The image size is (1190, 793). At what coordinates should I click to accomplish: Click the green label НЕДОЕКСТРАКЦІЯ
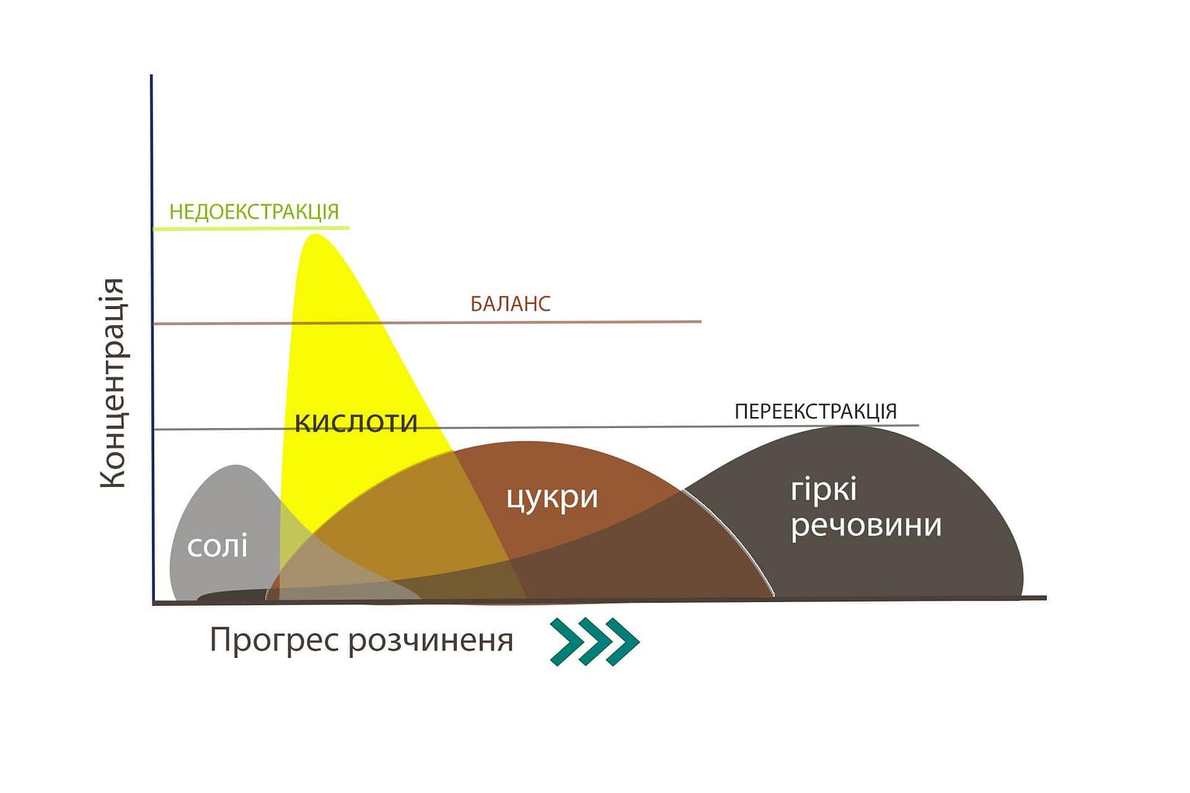point(254,212)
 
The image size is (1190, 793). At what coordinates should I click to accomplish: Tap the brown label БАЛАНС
point(511,304)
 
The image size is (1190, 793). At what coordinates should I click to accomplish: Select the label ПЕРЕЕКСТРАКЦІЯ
point(815,412)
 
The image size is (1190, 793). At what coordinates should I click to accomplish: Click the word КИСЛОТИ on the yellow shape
point(356,424)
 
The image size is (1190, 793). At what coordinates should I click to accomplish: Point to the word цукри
point(552,499)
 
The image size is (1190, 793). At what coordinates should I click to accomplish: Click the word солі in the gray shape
point(217,546)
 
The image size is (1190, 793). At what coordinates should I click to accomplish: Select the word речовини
point(866,526)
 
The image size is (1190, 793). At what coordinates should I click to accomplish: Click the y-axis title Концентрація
point(112,383)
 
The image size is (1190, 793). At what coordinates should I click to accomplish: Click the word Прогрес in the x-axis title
point(274,640)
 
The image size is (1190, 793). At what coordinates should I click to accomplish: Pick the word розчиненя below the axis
point(431,641)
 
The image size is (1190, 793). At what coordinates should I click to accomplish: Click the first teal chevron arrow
point(566,642)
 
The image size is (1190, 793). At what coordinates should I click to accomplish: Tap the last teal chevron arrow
point(623,642)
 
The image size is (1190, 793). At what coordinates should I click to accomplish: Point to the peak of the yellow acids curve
point(316,234)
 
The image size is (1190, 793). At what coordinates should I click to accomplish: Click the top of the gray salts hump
point(235,466)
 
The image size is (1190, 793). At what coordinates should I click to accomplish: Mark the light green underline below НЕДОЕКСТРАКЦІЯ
point(251,228)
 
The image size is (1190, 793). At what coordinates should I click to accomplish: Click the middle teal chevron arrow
point(595,642)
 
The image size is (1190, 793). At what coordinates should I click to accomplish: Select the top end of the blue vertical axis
point(151,76)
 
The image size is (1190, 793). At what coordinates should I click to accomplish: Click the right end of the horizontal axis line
point(1046,598)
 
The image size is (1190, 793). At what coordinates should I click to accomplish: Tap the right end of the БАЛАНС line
point(702,322)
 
